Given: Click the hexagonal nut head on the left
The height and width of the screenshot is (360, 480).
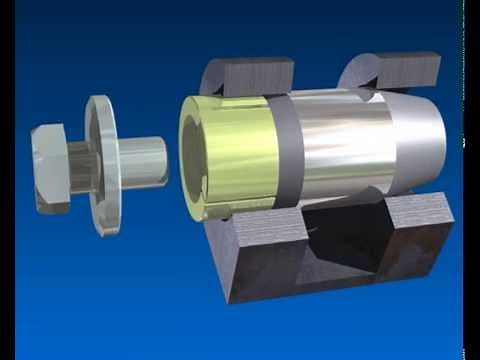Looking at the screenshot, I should [x=50, y=166].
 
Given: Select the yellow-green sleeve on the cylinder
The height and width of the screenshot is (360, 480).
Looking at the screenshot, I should [x=240, y=150].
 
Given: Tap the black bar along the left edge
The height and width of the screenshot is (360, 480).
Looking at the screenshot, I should [x=7, y=180].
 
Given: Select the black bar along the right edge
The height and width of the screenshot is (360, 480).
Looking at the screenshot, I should [x=471, y=180].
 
